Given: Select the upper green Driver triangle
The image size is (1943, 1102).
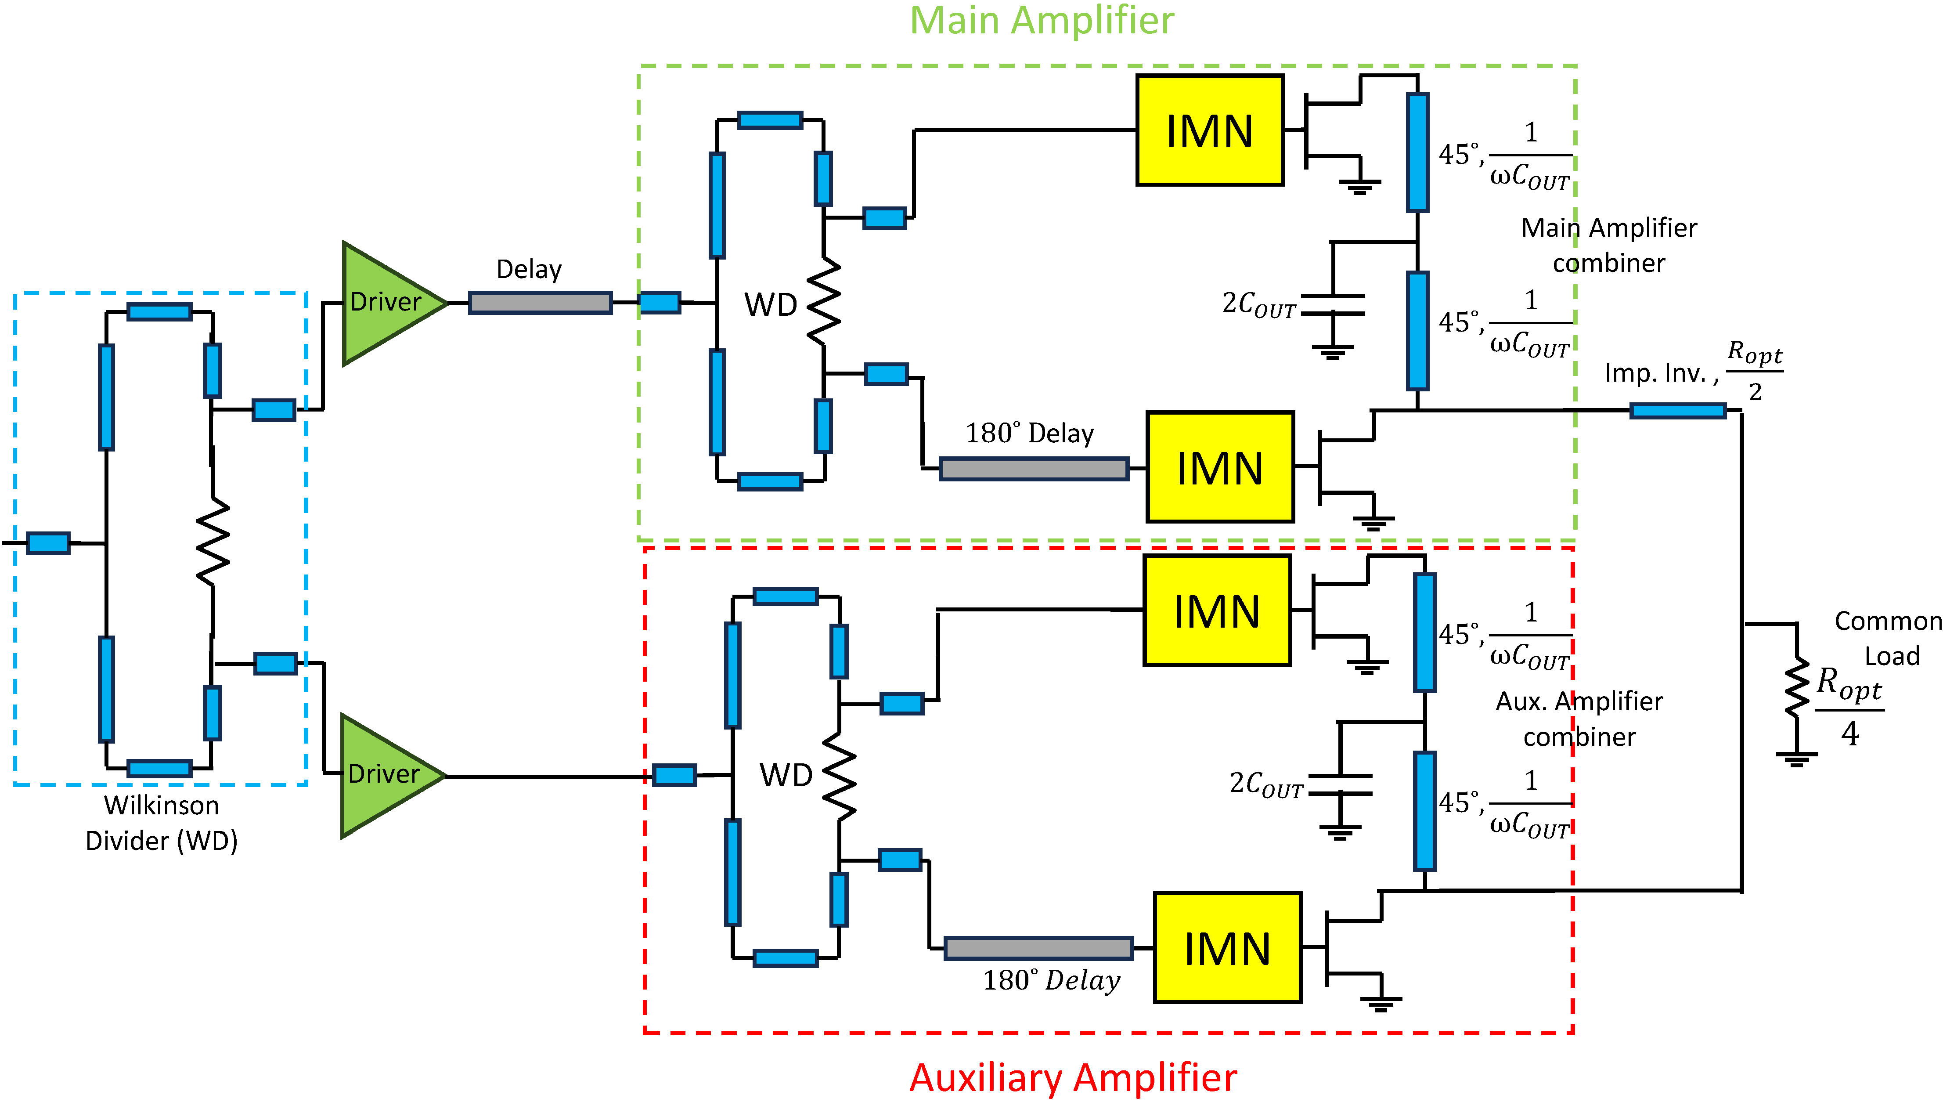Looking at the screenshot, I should point(386,303).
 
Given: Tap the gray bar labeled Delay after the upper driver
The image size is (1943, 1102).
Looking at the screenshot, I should point(540,303).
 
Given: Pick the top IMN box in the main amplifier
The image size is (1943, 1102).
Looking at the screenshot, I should point(1209,130).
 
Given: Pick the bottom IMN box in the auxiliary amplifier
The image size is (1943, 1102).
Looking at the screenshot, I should point(1226,947).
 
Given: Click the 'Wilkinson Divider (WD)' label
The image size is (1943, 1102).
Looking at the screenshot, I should point(161,823).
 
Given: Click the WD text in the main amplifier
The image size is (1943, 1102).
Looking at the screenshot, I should point(770,305).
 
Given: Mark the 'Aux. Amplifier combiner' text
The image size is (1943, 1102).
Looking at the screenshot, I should point(1579,719).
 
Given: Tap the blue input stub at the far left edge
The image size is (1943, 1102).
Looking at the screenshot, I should point(48,543).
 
